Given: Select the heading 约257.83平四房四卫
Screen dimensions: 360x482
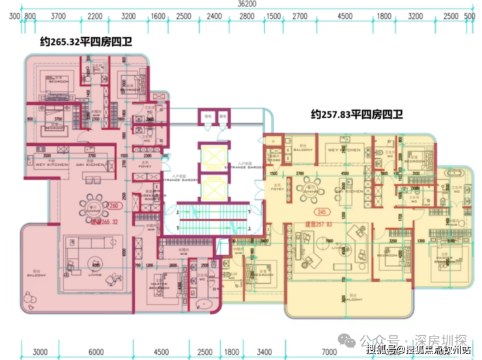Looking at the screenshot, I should click(357, 115).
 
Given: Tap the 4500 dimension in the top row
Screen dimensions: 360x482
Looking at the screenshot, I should click(345, 16).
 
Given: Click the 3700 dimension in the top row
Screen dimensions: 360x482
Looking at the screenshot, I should click(58, 16).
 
